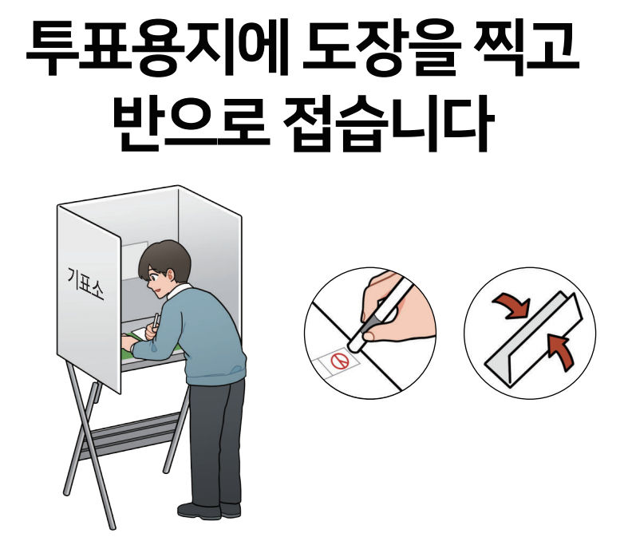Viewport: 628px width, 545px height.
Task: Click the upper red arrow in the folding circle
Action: click(x=508, y=306)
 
